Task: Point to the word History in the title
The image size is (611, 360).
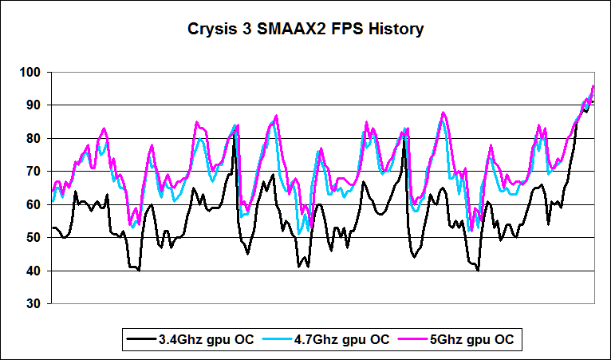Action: click(x=394, y=30)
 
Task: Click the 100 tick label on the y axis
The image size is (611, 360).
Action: click(x=30, y=72)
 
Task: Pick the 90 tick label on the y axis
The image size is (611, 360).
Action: click(x=34, y=105)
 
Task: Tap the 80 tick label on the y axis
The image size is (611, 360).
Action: click(x=34, y=138)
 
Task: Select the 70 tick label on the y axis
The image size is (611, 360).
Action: click(x=34, y=171)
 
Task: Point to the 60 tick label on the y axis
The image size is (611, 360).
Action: click(x=34, y=204)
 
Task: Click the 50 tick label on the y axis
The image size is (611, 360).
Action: click(x=34, y=237)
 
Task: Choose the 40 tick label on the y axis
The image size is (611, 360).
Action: click(x=34, y=271)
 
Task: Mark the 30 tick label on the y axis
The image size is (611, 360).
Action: click(x=34, y=303)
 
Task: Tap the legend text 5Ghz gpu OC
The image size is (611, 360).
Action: click(x=472, y=339)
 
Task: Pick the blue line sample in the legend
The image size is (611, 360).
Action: click(x=282, y=339)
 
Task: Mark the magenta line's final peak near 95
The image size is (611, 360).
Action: click(x=593, y=86)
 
